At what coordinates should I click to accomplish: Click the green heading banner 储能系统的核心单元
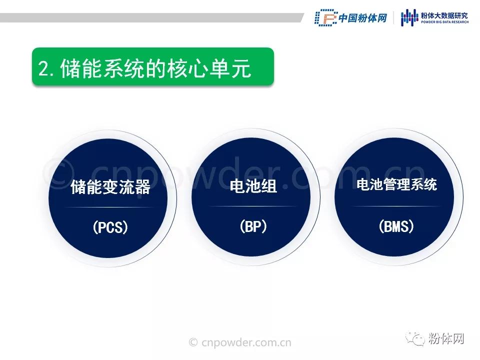point(153,66)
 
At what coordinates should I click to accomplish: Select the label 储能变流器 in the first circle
point(110,186)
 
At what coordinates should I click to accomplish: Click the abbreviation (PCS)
point(110,227)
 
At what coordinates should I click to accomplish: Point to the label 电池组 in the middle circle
point(253,186)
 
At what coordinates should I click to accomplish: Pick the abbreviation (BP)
point(253,226)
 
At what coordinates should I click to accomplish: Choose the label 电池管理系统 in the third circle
point(396,184)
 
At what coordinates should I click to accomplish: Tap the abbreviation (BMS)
point(396,226)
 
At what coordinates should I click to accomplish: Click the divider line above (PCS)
point(109,207)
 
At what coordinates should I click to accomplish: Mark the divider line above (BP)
point(253,206)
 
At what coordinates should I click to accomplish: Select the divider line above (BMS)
point(396,206)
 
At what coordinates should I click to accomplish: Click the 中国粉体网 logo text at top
point(363,18)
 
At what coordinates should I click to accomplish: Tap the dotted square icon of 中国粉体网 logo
point(325,17)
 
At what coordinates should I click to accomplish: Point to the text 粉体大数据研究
point(444,15)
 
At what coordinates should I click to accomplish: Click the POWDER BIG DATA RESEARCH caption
point(444,22)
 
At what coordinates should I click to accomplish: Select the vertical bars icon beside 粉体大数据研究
point(409,18)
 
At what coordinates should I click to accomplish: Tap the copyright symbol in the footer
point(193,342)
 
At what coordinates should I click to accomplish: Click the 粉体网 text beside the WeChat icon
point(445,338)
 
